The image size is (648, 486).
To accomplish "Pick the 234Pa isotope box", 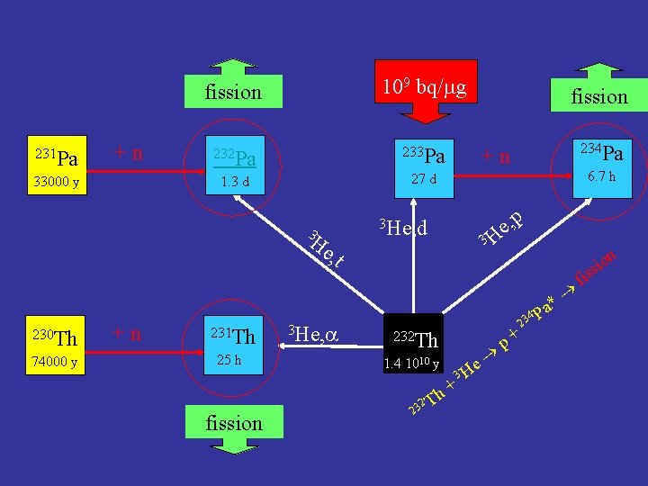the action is click(599, 166).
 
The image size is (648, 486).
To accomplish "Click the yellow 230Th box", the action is click(50, 348).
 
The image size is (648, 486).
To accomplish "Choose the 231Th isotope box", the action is click(233, 348).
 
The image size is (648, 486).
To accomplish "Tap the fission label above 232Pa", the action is click(233, 92).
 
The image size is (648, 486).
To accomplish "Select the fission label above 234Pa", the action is click(598, 95).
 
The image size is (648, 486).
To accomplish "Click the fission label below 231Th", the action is click(234, 423).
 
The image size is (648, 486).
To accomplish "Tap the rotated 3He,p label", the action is click(500, 229).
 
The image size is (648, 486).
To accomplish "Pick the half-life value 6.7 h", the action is click(599, 177).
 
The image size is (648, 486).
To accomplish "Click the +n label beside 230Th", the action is click(126, 334).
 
